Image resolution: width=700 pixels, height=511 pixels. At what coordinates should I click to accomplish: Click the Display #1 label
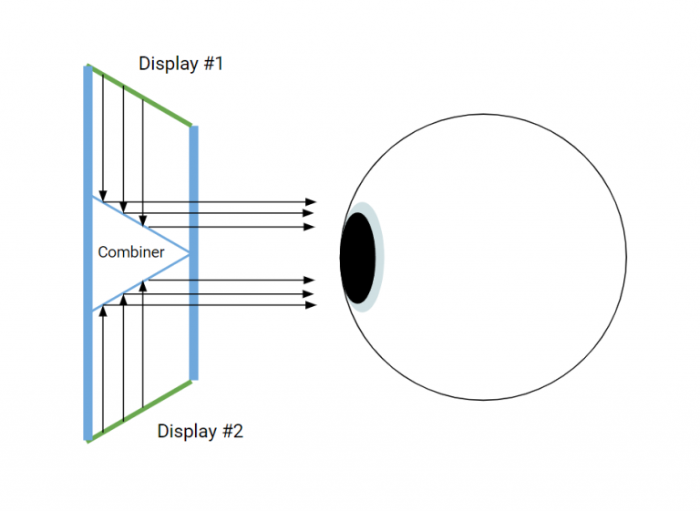180,64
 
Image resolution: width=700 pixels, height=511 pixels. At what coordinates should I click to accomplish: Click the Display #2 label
200,431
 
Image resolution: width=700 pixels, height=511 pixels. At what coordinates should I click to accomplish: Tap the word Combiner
131,252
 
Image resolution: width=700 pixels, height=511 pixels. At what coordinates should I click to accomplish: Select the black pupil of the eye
357,258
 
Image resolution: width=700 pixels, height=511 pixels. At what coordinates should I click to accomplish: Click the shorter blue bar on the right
194,252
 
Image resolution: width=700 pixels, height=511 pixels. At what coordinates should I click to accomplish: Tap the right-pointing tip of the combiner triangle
189,253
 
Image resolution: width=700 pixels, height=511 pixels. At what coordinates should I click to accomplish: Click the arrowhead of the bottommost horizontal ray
312,305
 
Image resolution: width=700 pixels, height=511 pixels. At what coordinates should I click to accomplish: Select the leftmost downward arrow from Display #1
103,137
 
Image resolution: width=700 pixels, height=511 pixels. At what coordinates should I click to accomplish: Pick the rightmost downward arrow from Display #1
145,155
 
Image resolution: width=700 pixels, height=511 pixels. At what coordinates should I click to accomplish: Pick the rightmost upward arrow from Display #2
145,346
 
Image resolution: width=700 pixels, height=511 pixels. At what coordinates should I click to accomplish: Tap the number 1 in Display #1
218,64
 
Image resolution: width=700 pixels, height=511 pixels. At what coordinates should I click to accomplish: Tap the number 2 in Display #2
237,431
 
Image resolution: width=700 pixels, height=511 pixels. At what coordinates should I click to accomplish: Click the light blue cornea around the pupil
378,258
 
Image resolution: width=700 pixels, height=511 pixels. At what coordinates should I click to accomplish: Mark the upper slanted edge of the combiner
141,225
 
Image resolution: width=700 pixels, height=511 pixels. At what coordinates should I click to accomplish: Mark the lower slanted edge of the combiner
141,281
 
